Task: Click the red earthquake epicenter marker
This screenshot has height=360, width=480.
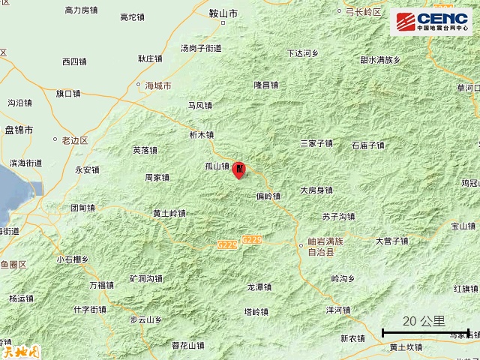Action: (239, 170)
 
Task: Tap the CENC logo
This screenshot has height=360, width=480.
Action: (430, 21)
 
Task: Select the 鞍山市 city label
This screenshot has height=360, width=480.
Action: (223, 13)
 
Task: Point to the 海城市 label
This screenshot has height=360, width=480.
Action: (158, 85)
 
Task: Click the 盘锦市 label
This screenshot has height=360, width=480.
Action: (19, 130)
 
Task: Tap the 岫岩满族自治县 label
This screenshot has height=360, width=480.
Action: (325, 247)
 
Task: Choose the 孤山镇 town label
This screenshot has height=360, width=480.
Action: (217, 166)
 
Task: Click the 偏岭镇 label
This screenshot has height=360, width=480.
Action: (268, 196)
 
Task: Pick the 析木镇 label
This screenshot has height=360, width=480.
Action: (201, 135)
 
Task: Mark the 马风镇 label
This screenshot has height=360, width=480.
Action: (200, 106)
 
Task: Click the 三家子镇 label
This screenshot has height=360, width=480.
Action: (316, 142)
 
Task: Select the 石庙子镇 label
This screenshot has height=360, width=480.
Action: (367, 145)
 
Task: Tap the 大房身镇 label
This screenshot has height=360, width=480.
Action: (316, 190)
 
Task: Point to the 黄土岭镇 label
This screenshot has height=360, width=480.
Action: (169, 214)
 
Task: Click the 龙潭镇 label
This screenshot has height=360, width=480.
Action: (259, 287)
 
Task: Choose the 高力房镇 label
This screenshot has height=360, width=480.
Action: (82, 10)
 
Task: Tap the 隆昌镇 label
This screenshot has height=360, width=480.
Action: (266, 85)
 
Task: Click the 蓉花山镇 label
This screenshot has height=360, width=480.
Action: (187, 346)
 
